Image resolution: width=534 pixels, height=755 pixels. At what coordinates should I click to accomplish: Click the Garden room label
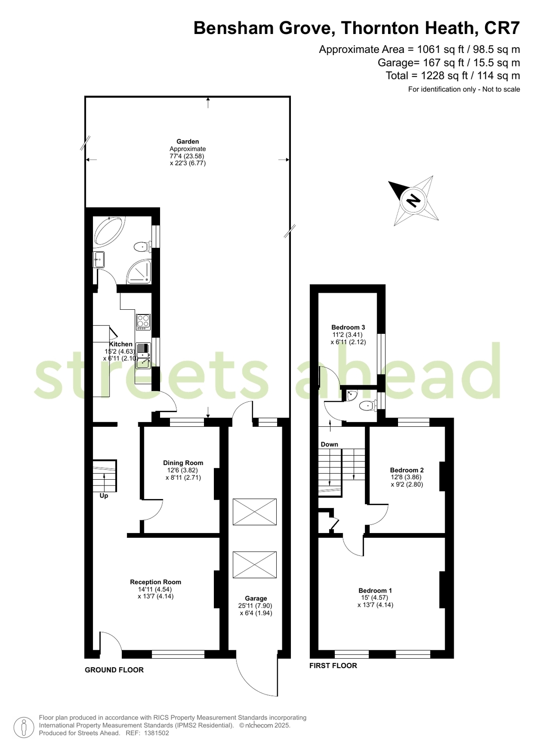[188, 142]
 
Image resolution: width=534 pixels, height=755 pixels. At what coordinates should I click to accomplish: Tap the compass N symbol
[413, 201]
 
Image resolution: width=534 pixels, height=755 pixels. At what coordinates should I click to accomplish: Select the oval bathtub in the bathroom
[109, 230]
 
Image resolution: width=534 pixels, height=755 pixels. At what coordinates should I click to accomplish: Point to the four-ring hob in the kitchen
[143, 322]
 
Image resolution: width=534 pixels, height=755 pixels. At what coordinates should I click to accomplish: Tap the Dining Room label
[183, 463]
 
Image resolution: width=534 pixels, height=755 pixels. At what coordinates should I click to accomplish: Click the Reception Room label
[155, 582]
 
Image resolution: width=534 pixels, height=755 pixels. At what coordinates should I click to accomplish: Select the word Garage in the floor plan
[256, 598]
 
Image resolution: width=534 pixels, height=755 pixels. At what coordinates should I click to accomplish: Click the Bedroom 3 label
[348, 327]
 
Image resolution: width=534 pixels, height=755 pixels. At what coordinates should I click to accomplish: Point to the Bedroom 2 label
[407, 470]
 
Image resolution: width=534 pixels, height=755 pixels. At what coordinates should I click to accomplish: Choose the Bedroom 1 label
[375, 590]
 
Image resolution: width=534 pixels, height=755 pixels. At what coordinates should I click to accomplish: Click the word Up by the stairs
[104, 496]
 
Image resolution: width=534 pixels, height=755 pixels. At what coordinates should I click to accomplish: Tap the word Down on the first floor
[330, 444]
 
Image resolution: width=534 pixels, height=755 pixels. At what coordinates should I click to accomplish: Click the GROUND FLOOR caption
[114, 670]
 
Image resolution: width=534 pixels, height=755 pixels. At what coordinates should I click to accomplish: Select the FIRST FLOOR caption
[333, 665]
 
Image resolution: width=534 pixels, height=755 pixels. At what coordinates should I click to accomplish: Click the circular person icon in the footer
[24, 727]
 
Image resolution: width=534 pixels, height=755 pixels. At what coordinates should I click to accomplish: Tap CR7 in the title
[502, 28]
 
